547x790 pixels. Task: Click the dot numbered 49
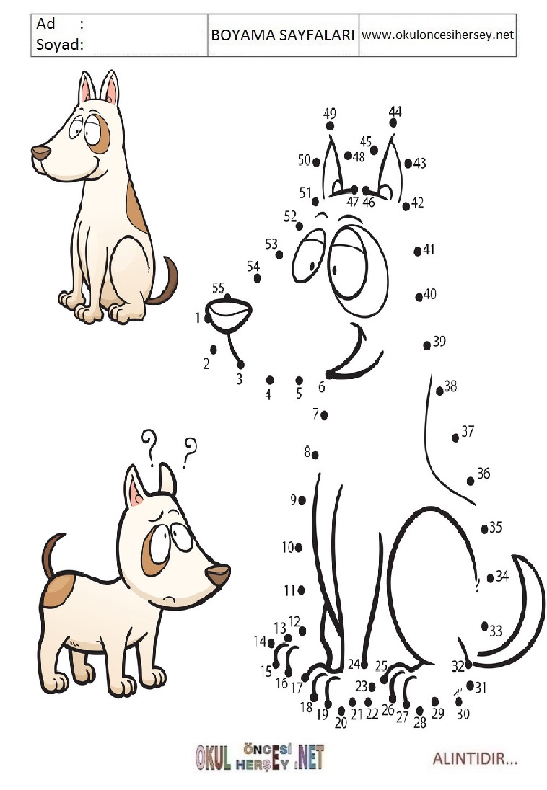[x=330, y=126]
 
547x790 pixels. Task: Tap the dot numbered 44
[x=393, y=123]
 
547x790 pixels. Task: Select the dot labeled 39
[x=427, y=345]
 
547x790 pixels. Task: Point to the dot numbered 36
[x=471, y=481]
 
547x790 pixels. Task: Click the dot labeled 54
[x=258, y=278]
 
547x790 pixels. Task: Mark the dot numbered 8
[x=315, y=455]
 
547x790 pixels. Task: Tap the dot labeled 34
[x=490, y=578]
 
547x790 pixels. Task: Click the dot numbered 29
[x=435, y=701]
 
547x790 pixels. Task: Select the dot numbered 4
[x=270, y=379]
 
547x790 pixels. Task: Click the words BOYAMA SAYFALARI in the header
[x=283, y=35]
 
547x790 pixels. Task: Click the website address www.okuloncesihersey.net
[x=437, y=35]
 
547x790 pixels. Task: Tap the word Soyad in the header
[x=57, y=45]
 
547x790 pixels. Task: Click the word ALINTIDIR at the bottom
[x=475, y=758]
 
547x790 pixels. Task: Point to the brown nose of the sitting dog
[x=41, y=152]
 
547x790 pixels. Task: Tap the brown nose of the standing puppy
[x=218, y=574]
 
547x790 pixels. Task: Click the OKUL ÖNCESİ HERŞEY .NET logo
[x=260, y=757]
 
